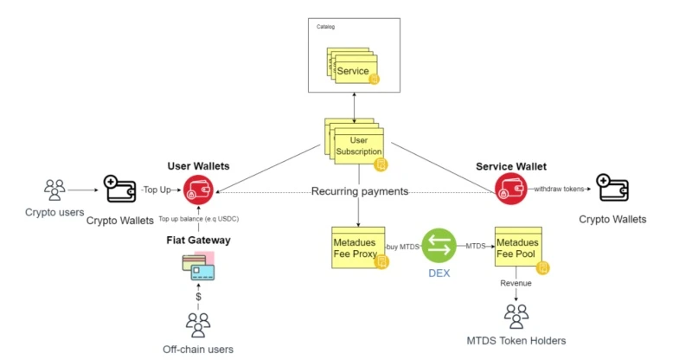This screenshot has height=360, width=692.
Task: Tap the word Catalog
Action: click(x=324, y=27)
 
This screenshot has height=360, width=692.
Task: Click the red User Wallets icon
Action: click(x=198, y=188)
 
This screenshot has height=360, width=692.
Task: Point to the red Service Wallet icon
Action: click(x=509, y=188)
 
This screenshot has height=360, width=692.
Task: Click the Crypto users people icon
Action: click(x=54, y=189)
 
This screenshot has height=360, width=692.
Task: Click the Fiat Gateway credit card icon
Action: click(x=198, y=267)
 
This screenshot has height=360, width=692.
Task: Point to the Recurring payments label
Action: click(x=359, y=191)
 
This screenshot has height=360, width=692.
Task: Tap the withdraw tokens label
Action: click(x=558, y=188)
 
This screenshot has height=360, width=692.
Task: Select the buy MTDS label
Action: click(x=401, y=247)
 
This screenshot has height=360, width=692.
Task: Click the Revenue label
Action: click(x=516, y=282)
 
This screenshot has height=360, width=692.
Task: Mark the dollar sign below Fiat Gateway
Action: click(x=198, y=297)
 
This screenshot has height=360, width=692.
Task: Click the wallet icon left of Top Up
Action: click(x=121, y=187)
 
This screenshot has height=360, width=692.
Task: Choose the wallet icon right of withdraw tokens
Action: click(x=612, y=188)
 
